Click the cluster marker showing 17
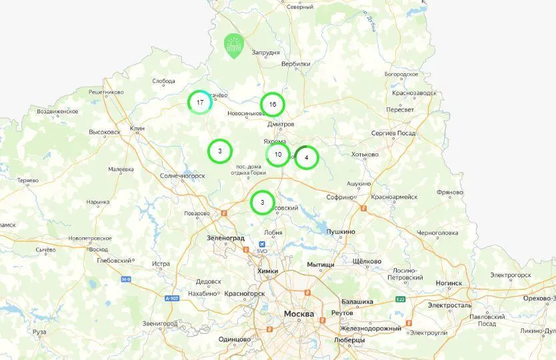click(200, 103)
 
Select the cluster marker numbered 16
click(272, 104)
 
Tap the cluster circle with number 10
click(278, 155)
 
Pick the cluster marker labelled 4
click(306, 158)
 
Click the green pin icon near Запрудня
click(233, 45)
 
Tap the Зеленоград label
click(225, 237)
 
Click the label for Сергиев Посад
click(393, 133)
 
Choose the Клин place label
click(137, 127)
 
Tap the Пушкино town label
click(340, 231)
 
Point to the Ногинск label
click(449, 283)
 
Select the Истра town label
click(161, 264)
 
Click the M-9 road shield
click(126, 279)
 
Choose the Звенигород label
click(161, 323)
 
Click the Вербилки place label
click(296, 64)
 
